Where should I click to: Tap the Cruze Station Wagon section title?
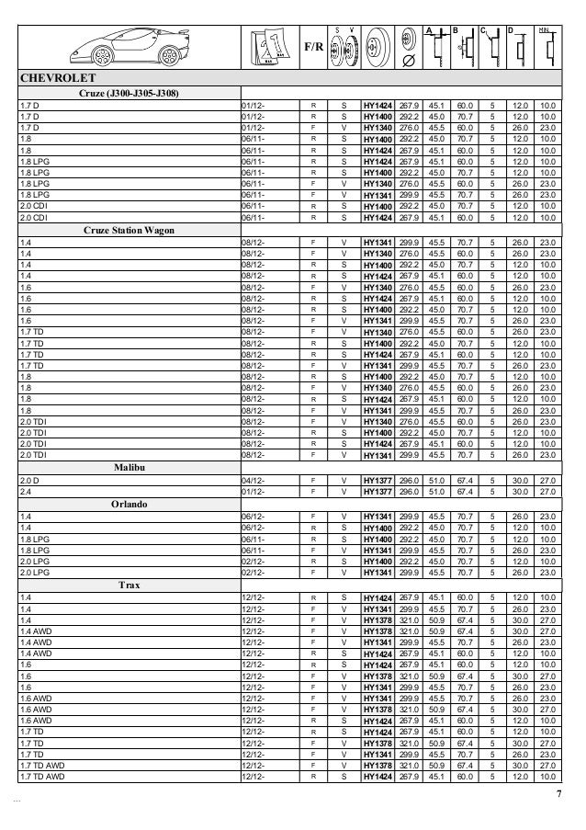130,230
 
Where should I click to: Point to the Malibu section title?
129,467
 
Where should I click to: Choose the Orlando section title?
129,503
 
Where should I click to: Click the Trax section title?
129,584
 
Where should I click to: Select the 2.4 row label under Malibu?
25,490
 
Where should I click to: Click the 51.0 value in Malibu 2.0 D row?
432,480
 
